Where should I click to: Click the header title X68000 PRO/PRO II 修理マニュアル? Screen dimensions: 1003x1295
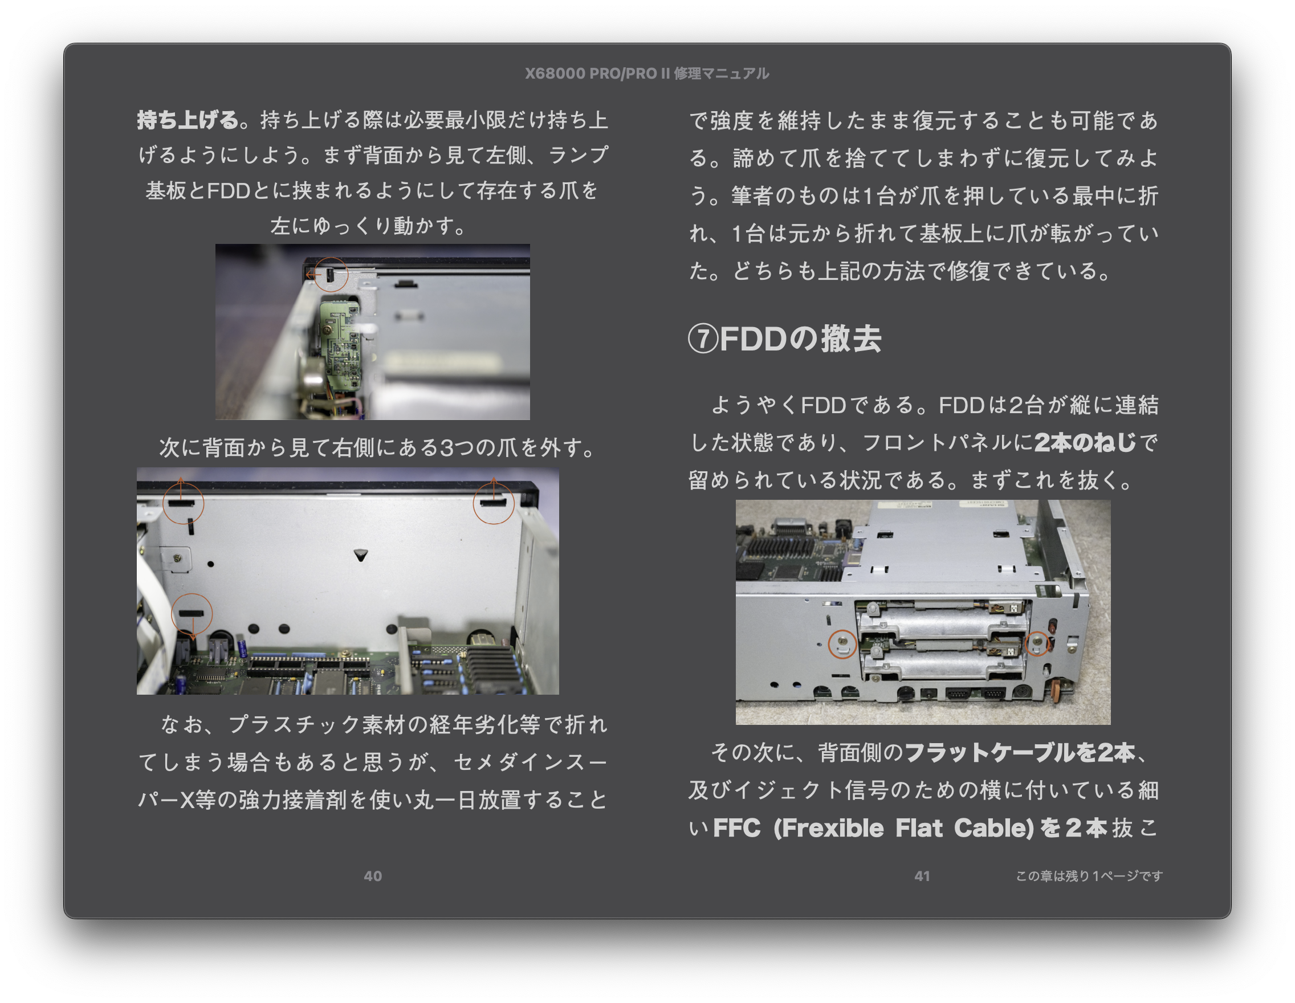click(647, 74)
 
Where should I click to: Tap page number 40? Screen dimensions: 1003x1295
click(372, 875)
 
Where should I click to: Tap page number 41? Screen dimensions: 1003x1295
click(922, 875)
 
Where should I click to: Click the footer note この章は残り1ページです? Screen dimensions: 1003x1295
click(1089, 875)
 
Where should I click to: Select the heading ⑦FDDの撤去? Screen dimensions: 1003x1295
click(784, 339)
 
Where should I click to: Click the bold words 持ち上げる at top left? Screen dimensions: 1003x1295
click(188, 120)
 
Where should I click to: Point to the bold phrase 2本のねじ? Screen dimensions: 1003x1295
click(1085, 442)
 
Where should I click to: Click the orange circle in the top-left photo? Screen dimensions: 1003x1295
click(330, 275)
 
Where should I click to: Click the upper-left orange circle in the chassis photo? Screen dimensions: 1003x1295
click(183, 503)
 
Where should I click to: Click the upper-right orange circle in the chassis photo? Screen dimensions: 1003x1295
click(494, 503)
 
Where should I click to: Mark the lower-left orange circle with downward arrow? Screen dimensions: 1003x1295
click(192, 614)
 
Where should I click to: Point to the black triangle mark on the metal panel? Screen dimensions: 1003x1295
click(360, 555)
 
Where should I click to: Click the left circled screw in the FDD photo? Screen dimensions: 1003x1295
click(842, 644)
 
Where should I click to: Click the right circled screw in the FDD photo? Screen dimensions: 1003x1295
click(1037, 643)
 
